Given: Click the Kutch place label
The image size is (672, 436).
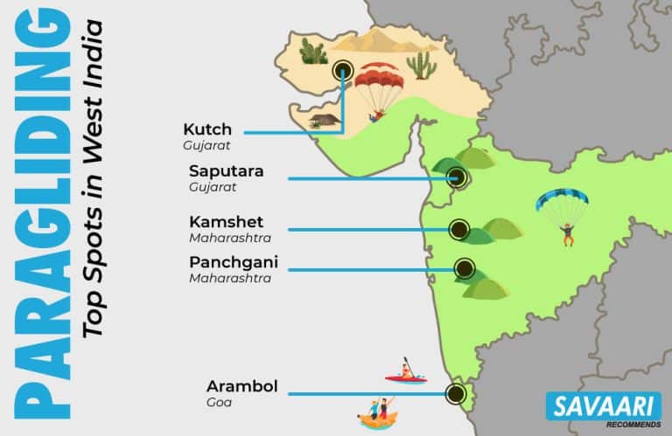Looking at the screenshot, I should point(207,129).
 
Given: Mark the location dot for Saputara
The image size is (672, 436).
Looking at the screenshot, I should point(456,178).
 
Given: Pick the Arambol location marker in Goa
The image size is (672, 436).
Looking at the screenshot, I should point(454,393).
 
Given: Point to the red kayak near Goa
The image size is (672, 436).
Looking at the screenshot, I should point(406,377).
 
